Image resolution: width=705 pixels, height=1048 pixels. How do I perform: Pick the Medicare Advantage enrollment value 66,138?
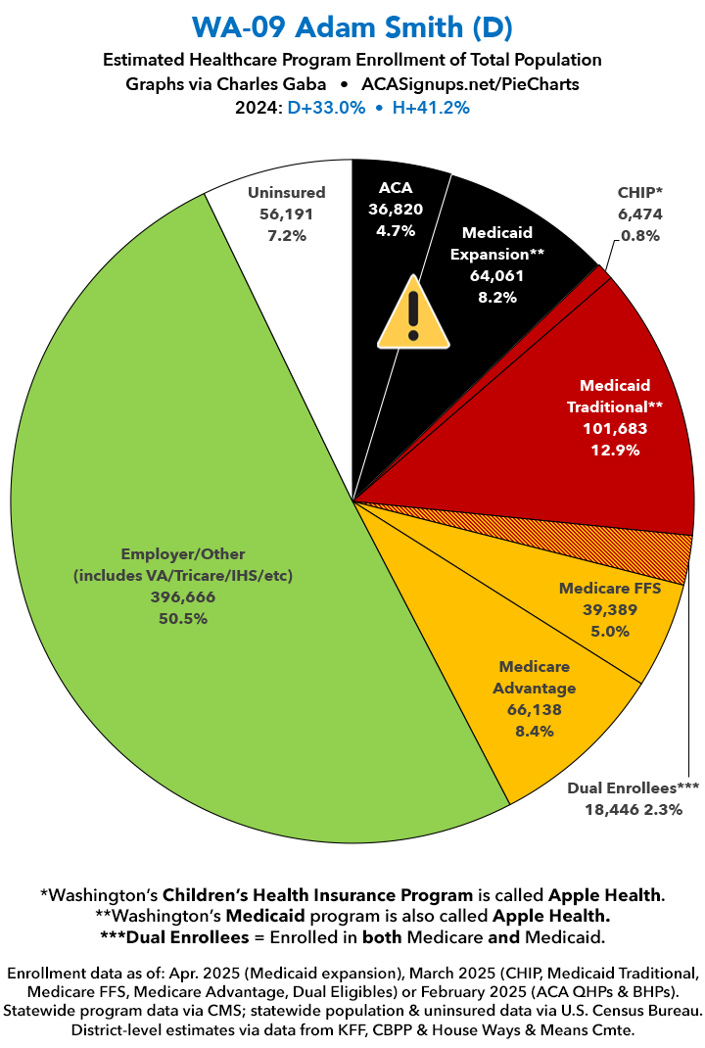tap(535, 709)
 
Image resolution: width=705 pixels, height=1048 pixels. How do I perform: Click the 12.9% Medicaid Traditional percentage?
tap(614, 450)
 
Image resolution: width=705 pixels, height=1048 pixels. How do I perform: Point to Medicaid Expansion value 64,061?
tap(497, 276)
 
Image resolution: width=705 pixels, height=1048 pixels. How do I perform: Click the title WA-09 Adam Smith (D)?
tap(352, 24)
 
